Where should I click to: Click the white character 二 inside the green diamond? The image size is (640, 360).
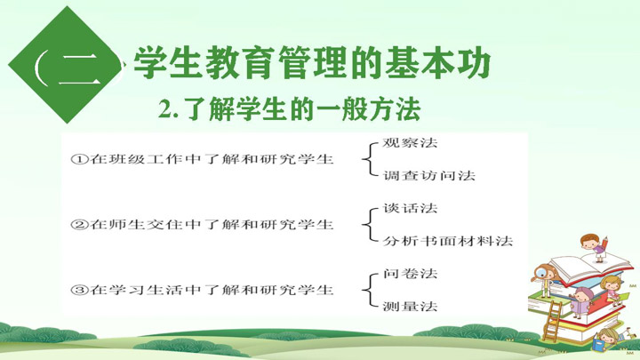(78, 68)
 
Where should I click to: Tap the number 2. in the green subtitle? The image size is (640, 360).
(169, 109)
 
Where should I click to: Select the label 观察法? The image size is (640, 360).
(410, 143)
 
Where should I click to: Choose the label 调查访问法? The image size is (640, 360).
(428, 175)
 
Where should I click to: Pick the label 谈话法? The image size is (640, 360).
(410, 208)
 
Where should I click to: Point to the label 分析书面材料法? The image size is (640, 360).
(447, 241)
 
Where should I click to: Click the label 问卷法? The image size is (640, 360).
(410, 274)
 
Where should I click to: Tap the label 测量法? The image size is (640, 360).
(410, 306)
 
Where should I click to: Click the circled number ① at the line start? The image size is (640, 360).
(79, 159)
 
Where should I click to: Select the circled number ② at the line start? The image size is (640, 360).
(79, 225)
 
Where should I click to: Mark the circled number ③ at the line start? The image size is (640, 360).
(79, 290)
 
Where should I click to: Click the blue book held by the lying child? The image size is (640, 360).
(599, 342)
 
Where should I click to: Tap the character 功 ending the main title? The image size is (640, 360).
(474, 64)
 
